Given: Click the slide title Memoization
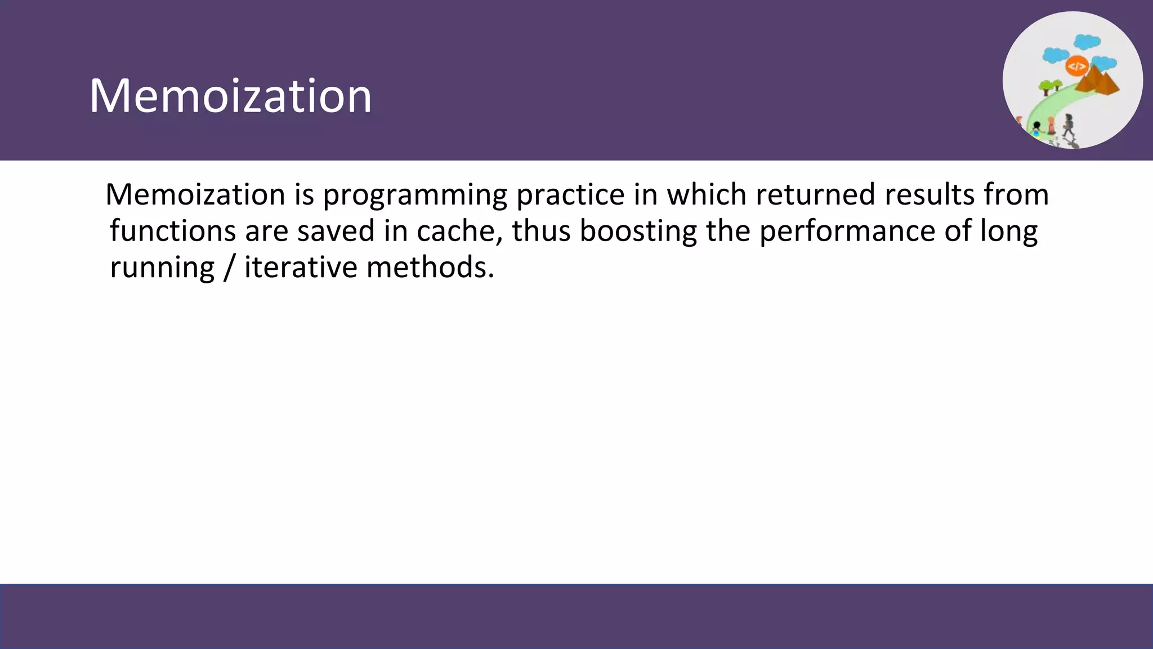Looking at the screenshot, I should pyautogui.click(x=230, y=96).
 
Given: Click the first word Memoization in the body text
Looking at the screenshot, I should pyautogui.click(x=195, y=195).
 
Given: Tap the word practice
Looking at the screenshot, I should pyautogui.click(x=570, y=195).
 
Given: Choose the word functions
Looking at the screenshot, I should pyautogui.click(x=172, y=231).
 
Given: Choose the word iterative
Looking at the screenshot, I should pyautogui.click(x=301, y=267).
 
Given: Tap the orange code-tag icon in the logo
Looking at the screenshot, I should pyautogui.click(x=1076, y=67).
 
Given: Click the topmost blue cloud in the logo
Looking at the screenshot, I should pyautogui.click(x=1087, y=42).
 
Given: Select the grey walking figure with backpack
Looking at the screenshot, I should pyautogui.click(x=1068, y=125).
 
